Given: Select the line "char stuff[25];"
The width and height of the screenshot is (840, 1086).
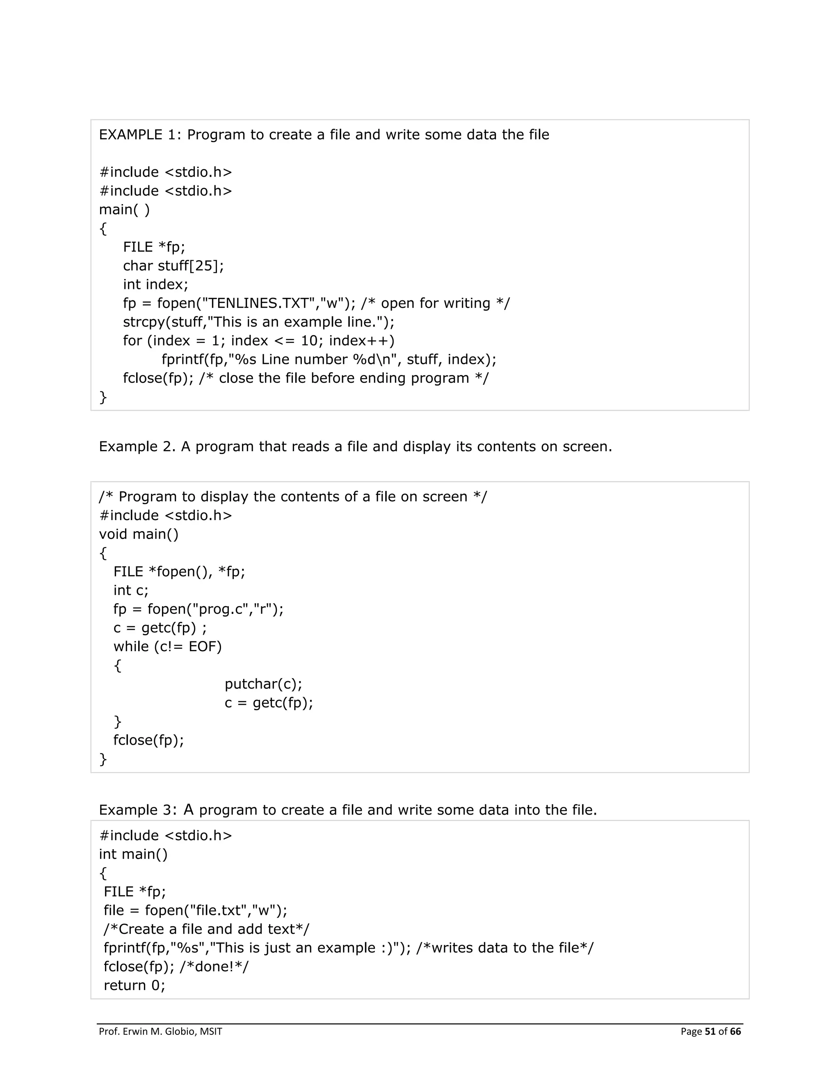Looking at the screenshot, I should tap(173, 266).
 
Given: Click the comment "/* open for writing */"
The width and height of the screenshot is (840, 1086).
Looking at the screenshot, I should tap(436, 303).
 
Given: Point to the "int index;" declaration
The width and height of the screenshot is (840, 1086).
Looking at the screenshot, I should tap(156, 284).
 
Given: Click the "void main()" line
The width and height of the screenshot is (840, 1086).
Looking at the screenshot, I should tap(138, 534).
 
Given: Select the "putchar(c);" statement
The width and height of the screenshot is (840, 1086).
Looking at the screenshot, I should tap(263, 684).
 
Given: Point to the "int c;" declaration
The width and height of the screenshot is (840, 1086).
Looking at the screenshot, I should tap(131, 590).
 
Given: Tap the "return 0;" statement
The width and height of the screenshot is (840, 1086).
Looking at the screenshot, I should tap(135, 986).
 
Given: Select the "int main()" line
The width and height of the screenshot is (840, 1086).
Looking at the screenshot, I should tap(133, 854).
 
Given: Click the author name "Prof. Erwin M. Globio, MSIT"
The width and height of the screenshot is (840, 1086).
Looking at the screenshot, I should tap(160, 1031).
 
